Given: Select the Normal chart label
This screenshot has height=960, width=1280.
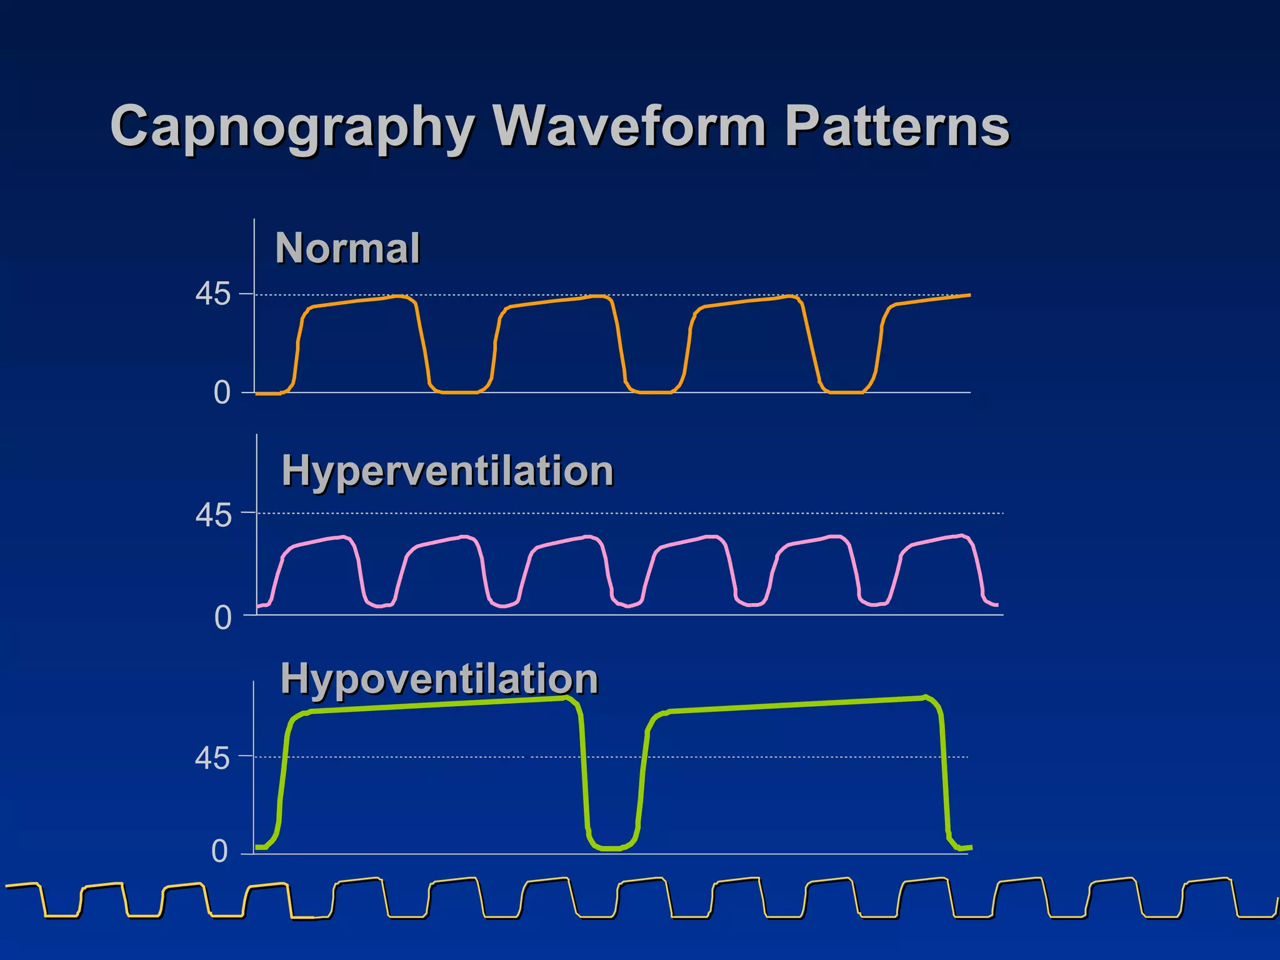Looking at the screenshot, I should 347,248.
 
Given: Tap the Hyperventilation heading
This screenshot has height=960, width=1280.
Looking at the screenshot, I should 447,471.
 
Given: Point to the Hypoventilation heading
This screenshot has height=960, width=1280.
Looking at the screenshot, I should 439,679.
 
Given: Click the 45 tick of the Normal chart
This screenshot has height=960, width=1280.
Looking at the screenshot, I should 213,294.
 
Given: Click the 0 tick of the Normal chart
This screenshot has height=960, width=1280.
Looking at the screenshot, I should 222,393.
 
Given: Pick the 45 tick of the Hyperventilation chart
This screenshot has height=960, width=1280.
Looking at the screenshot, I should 213,516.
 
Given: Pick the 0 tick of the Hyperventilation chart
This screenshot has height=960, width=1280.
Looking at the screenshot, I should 223,618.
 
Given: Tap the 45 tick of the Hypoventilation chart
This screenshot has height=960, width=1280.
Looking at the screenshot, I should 212,759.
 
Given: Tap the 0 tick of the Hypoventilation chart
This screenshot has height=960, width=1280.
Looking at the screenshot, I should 219,851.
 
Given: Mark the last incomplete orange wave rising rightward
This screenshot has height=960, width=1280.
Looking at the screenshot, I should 925,301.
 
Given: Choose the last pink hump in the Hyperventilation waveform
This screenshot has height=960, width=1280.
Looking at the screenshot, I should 937,541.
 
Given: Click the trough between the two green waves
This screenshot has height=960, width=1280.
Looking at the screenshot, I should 609,848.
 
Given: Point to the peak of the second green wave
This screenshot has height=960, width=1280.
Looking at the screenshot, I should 925,697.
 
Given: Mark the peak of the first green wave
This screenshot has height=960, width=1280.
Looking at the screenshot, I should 566,697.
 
